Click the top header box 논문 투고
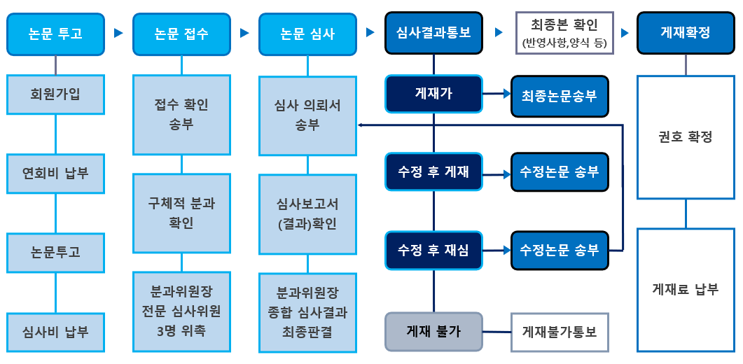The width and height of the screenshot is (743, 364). point(55,34)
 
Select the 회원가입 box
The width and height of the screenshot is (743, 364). point(55,94)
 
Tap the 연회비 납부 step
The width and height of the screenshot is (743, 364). point(55,174)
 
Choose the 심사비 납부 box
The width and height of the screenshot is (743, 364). point(55,332)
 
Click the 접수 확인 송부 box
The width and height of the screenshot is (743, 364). point(181,115)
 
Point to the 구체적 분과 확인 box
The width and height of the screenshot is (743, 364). point(181,213)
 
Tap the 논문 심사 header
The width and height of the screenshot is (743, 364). point(307,34)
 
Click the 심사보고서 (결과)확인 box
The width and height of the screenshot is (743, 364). point(307,214)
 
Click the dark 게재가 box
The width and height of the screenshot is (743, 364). point(433,94)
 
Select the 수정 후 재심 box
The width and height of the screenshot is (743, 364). point(433,251)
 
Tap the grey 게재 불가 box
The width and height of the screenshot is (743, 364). point(433,332)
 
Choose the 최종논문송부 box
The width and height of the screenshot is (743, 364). point(559,96)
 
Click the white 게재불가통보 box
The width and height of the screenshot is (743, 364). point(559,332)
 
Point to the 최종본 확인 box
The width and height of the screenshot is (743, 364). point(564,33)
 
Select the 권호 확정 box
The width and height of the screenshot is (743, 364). point(686,137)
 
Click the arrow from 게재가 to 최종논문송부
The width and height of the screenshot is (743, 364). point(497,94)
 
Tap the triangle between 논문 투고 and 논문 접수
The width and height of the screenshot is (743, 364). point(118,33)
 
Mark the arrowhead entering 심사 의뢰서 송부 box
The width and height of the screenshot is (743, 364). point(360,125)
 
